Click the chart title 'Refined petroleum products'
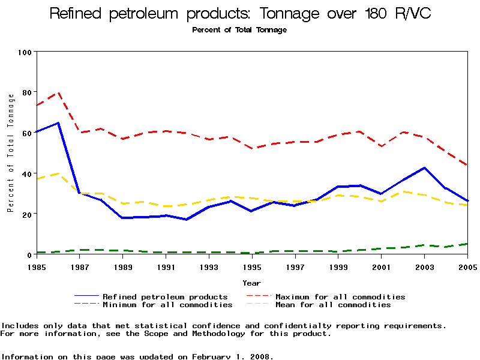tap(239, 14)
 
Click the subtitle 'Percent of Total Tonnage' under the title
tap(239, 29)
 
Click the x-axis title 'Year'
tap(251, 283)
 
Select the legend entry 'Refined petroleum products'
tap(165, 296)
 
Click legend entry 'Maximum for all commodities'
tap(340, 296)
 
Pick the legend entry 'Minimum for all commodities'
tap(167, 305)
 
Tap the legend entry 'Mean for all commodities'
tap(333, 305)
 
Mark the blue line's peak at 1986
tap(58, 123)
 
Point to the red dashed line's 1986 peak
tap(58, 92)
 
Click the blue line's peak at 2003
tap(425, 168)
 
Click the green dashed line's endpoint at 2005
tap(467, 244)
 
